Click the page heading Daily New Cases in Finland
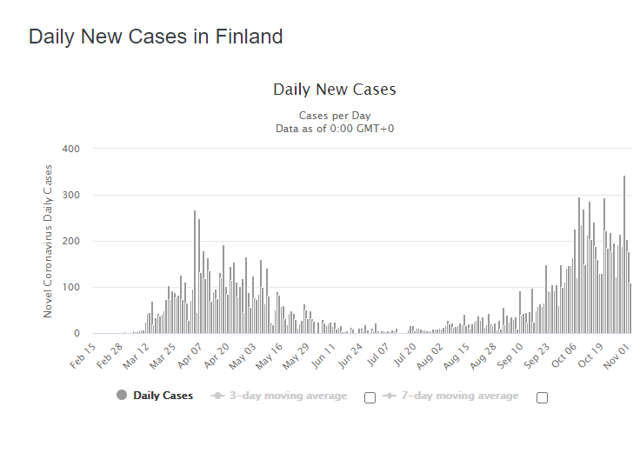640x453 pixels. point(156,37)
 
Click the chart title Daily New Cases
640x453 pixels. point(334,90)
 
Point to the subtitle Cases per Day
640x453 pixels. point(334,116)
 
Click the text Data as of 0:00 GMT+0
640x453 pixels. point(334,129)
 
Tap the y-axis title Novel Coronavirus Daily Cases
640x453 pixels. point(48,241)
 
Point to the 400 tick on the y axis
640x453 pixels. point(71,149)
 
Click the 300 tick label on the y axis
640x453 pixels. point(71,195)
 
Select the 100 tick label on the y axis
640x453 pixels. point(71,287)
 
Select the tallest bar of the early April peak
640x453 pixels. point(195,271)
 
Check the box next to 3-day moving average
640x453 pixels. point(370,397)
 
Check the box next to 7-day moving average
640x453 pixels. point(543,397)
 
